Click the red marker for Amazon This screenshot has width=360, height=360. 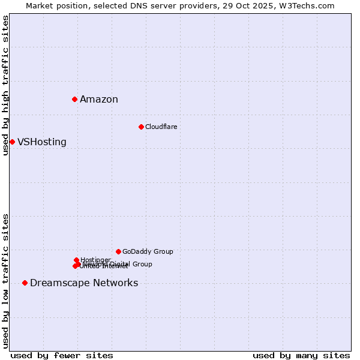pyautogui.click(x=74, y=99)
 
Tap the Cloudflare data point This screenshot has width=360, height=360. pyautogui.click(x=141, y=127)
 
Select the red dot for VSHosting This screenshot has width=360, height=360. pyautogui.click(x=12, y=142)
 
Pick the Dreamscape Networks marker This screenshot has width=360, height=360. pyautogui.click(x=25, y=283)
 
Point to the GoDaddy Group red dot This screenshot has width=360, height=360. pyautogui.click(x=118, y=251)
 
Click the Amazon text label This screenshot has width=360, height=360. pyautogui.click(x=99, y=100)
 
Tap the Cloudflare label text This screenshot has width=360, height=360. pyautogui.click(x=161, y=127)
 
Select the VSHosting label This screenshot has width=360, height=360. pyautogui.click(x=42, y=142)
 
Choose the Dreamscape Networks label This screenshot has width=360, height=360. pyautogui.click(x=84, y=283)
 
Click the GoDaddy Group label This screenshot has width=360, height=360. pyautogui.click(x=148, y=251)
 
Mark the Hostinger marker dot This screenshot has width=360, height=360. pyautogui.click(x=76, y=260)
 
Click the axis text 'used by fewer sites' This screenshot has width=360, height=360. pyautogui.click(x=62, y=355)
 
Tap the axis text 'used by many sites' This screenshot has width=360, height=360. pyautogui.click(x=301, y=355)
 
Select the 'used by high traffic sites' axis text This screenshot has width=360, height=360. pyautogui.click(x=5, y=85)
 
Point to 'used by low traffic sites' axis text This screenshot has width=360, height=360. pyautogui.click(x=5, y=281)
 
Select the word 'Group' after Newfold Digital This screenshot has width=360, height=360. pyautogui.click(x=142, y=264)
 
